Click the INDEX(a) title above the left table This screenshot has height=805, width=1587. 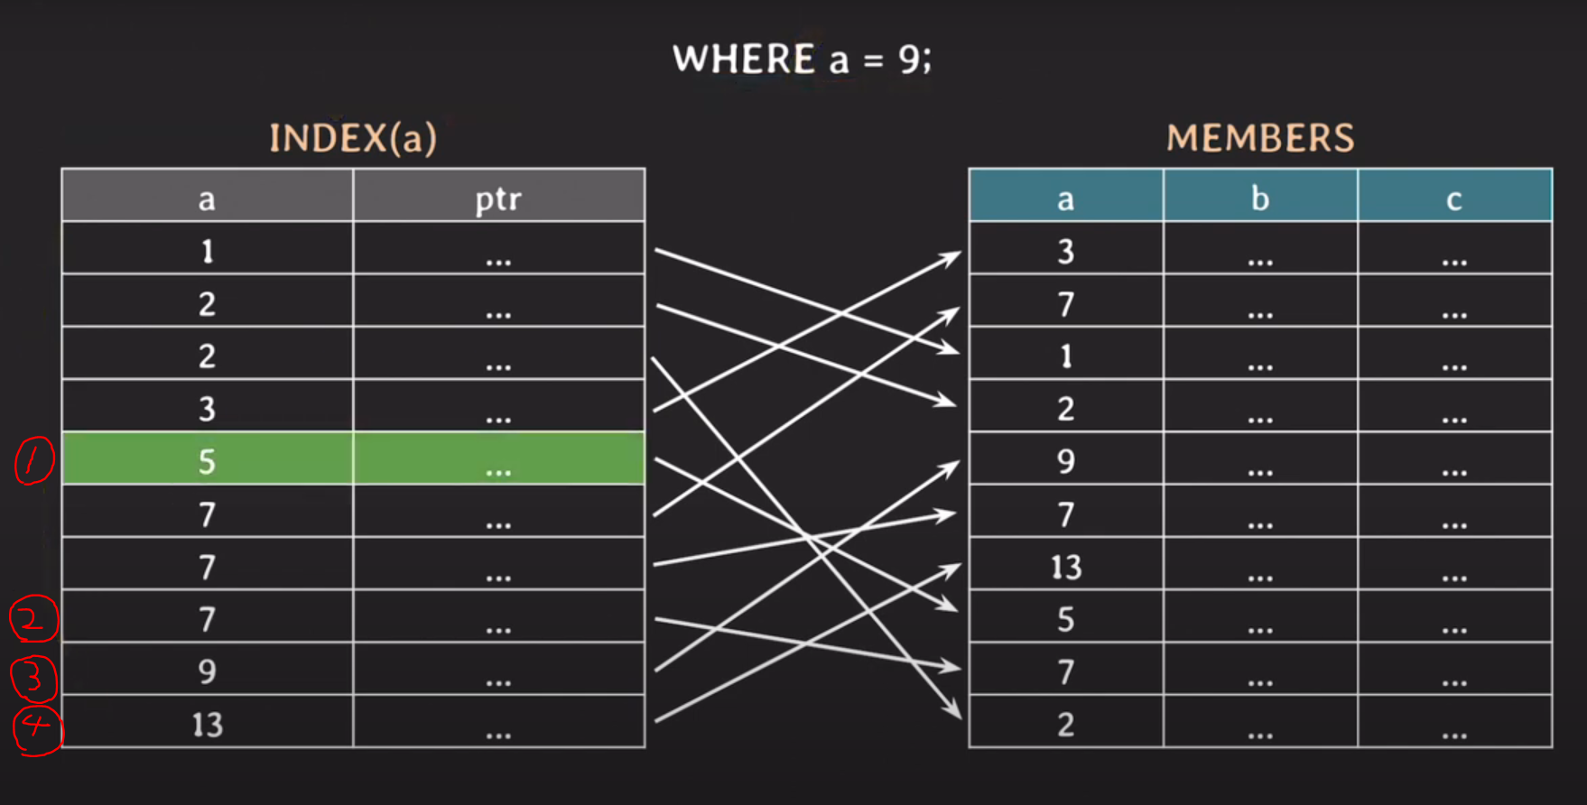(x=353, y=138)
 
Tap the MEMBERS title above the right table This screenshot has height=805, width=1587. (x=1260, y=138)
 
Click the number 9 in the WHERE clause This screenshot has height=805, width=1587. (x=909, y=60)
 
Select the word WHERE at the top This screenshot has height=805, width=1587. (x=744, y=60)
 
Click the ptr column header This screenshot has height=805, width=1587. (x=498, y=198)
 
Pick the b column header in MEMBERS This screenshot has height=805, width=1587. (x=1260, y=198)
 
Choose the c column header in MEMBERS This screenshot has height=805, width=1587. (x=1454, y=198)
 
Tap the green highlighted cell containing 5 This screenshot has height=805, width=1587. (x=207, y=461)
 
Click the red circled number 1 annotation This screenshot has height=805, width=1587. (x=34, y=460)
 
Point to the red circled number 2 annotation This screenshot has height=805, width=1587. (x=32, y=619)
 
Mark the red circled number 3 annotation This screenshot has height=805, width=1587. (x=33, y=678)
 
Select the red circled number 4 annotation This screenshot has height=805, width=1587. (x=37, y=728)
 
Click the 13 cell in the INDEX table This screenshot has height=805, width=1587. (x=207, y=724)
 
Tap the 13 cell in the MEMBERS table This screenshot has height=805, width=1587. (x=1066, y=567)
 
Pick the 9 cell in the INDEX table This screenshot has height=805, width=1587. (x=207, y=671)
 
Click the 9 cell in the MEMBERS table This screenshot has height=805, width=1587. (x=1066, y=461)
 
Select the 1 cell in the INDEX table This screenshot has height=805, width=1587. (x=207, y=251)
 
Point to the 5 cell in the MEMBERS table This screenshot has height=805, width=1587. (x=1066, y=619)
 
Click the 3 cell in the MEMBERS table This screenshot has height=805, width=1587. (x=1066, y=251)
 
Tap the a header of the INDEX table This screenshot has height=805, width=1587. (x=207, y=198)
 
